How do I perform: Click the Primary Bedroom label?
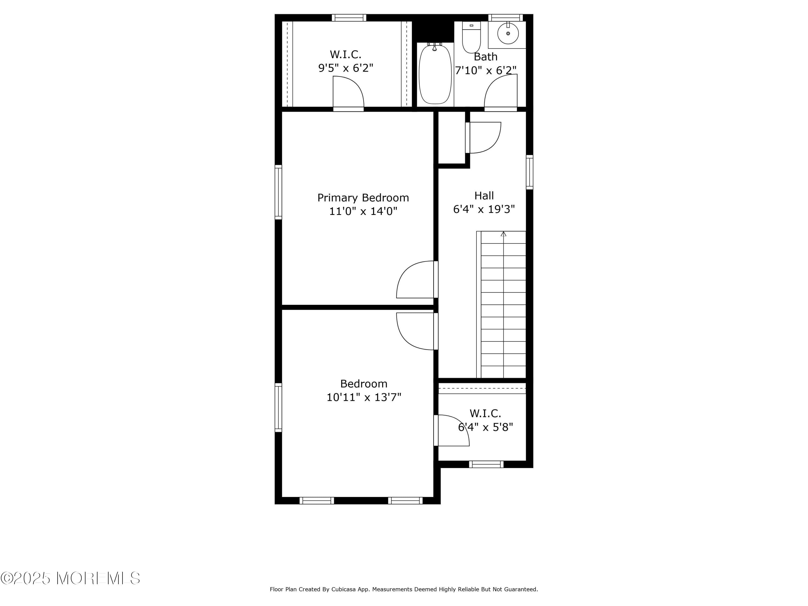[363, 198]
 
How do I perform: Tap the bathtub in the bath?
[435, 74]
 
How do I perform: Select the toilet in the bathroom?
[471, 37]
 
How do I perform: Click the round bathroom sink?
[508, 33]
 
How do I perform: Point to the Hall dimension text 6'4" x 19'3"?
[484, 209]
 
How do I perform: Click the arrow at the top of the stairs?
[503, 234]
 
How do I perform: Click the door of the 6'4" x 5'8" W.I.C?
[451, 430]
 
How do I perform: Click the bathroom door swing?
[501, 92]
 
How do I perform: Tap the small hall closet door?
[483, 138]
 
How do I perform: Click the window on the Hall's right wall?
[529, 172]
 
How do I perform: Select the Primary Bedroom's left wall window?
[278, 192]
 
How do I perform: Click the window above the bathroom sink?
[506, 18]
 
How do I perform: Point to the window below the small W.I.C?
[486, 464]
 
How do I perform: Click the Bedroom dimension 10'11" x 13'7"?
[364, 397]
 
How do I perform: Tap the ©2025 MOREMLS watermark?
[70, 578]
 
